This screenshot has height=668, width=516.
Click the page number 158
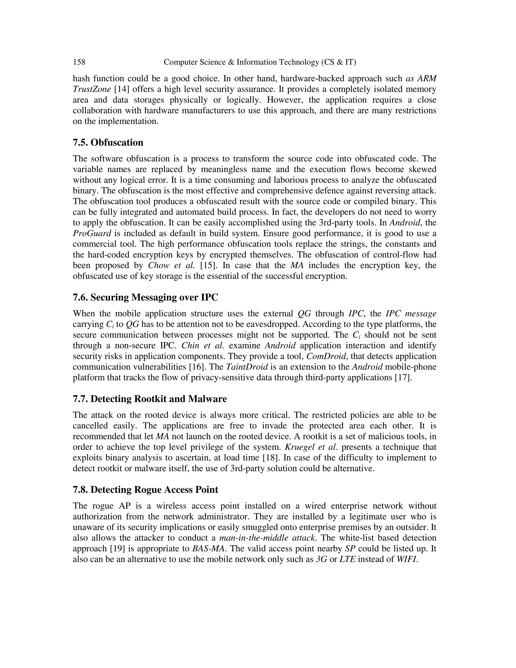79,63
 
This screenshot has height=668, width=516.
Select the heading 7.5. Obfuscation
108,142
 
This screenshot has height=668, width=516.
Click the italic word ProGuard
92,233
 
